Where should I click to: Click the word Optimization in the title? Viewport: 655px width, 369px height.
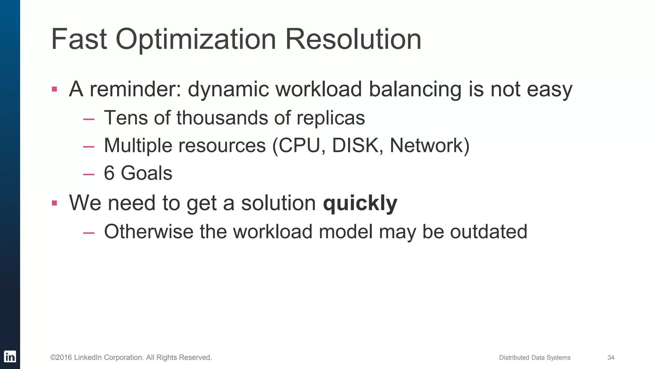point(196,40)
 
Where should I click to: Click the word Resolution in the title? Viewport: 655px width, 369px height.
point(353,40)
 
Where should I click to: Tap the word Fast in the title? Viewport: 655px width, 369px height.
point(79,40)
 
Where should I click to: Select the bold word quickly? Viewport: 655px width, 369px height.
point(360,203)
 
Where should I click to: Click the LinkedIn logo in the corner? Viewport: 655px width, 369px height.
point(10,357)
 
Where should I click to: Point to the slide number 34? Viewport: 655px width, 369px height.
point(611,357)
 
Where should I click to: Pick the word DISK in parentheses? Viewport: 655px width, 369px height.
point(355,146)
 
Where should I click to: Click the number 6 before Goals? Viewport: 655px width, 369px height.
point(109,173)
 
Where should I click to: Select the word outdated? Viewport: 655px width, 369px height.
point(488,232)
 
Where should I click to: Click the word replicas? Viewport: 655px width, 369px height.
point(331,118)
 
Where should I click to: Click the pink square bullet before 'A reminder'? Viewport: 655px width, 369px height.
point(54,89)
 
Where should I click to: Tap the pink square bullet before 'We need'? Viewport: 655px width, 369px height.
point(54,203)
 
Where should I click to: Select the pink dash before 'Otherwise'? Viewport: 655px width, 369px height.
point(89,233)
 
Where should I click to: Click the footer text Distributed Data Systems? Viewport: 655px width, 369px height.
point(535,357)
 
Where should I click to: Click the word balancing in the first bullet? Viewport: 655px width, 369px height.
point(415,89)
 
